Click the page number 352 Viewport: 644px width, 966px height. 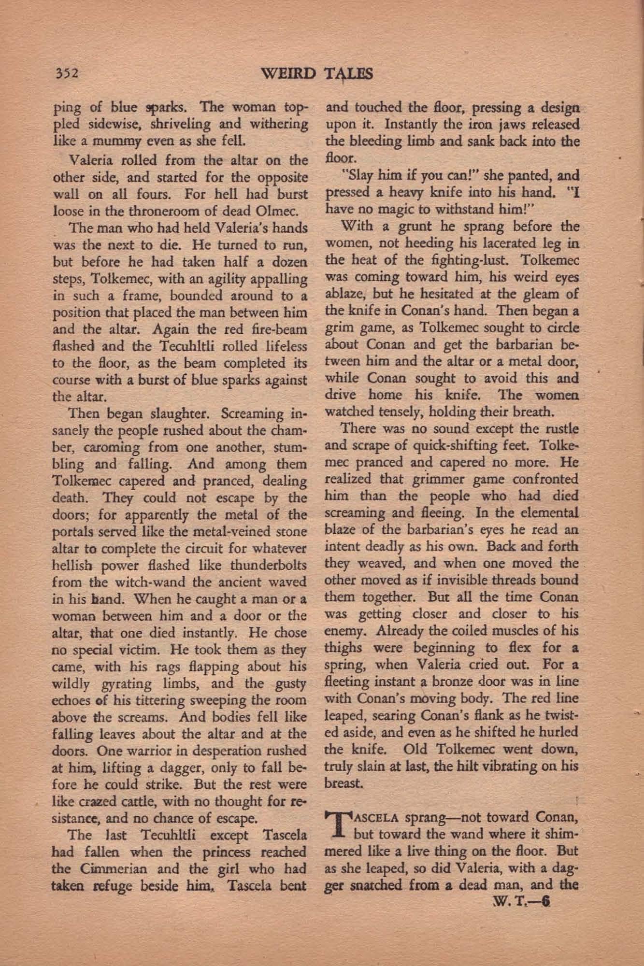click(x=67, y=73)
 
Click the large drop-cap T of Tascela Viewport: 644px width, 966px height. click(x=339, y=828)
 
